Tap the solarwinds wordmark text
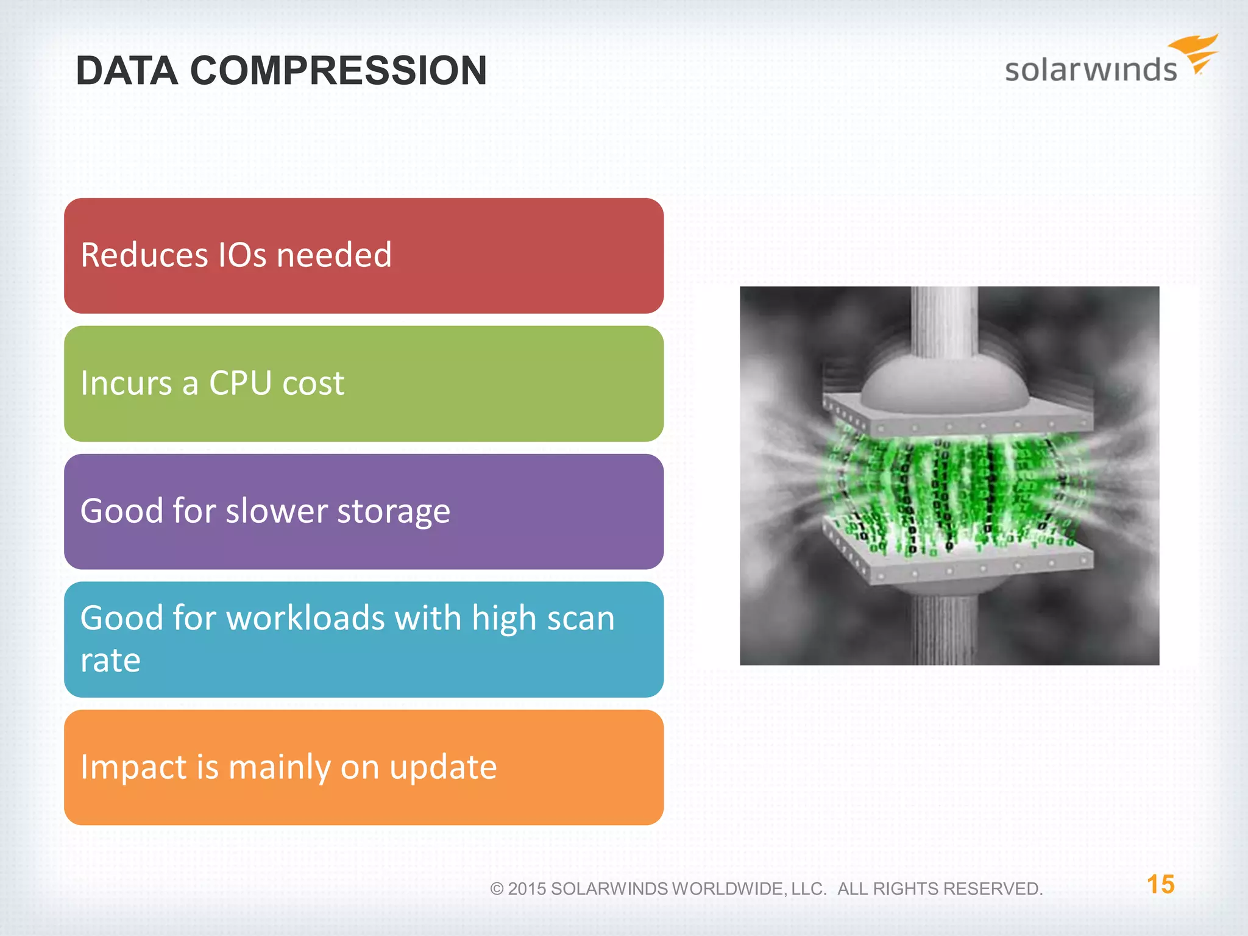tap(1090, 69)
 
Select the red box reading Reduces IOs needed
tap(363, 255)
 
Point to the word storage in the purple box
tap(393, 511)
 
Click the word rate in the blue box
tap(110, 661)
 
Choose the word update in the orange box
tap(443, 767)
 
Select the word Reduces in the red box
tap(144, 255)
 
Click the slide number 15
tap(1160, 884)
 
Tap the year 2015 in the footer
tap(526, 889)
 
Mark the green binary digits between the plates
tap(951, 487)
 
